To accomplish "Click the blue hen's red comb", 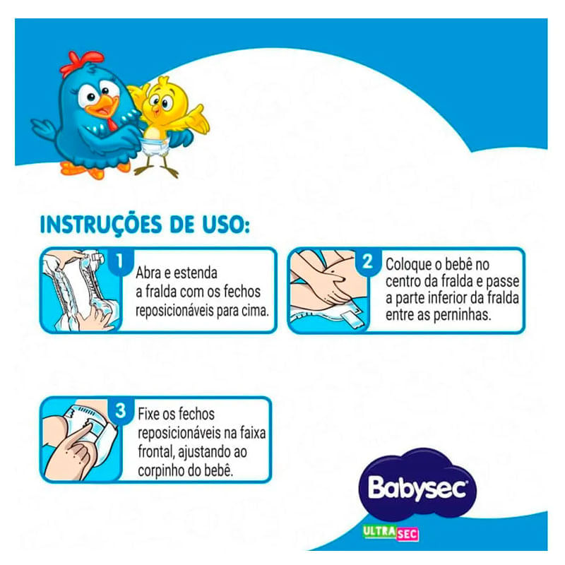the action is tap(82, 63).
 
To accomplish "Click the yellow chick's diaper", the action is tap(155, 146).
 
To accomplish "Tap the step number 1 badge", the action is tap(120, 261).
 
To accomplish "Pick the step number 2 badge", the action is tap(367, 261).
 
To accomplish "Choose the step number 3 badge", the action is tap(121, 410).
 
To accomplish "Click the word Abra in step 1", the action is tap(148, 273).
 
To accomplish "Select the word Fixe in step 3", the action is tap(148, 414).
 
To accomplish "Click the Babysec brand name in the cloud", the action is tap(417, 488).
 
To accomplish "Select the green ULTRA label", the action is tap(379, 532).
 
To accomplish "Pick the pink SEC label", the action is tap(408, 534).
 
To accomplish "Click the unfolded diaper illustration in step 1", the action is tap(80, 290).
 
